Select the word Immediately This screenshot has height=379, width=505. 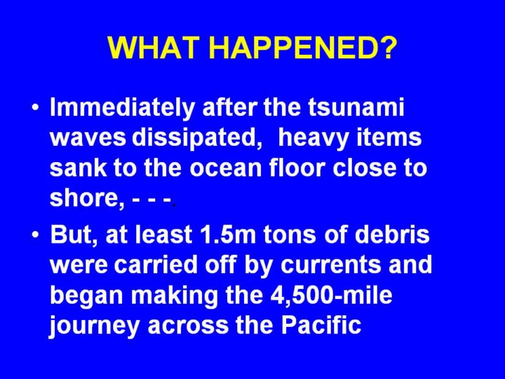click(x=122, y=107)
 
